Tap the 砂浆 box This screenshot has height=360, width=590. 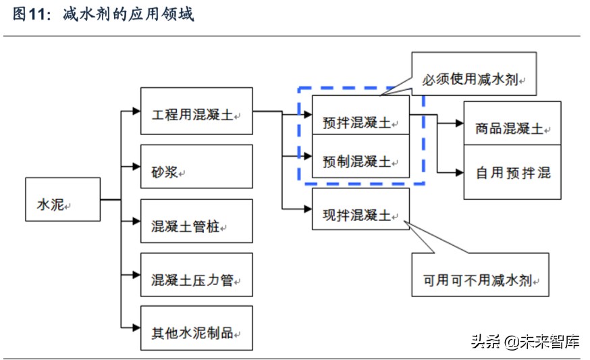point(196,166)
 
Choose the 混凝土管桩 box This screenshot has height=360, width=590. point(196,221)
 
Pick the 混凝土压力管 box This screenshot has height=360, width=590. point(196,274)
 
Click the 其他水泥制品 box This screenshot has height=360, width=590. point(196,328)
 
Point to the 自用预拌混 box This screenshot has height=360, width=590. point(512,172)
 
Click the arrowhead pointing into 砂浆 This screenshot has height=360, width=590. point(136,166)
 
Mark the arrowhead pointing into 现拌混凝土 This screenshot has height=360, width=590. point(307,209)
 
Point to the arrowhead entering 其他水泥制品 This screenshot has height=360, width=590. point(136,328)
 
